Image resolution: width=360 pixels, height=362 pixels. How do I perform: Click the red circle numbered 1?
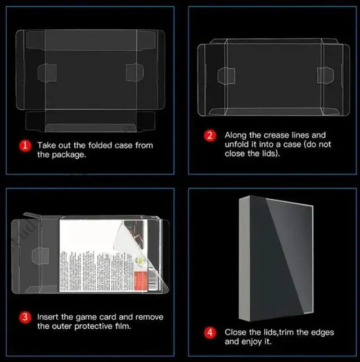pyautogui.click(x=25, y=146)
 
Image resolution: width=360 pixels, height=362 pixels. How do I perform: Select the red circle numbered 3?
pyautogui.click(x=25, y=317)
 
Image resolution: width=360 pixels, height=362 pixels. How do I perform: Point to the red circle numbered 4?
pyautogui.click(x=209, y=332)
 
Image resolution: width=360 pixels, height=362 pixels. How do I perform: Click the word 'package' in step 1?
pyautogui.click(x=69, y=154)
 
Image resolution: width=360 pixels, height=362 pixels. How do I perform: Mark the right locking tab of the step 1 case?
pyautogui.click(x=135, y=72)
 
